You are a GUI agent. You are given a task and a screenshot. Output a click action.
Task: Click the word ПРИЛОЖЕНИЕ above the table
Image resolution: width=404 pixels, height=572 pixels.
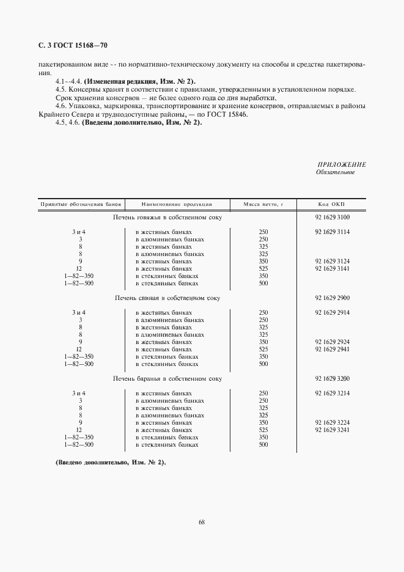coord(342,164)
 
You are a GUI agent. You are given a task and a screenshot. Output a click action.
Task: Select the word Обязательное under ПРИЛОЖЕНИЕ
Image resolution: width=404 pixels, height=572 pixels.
coord(335,172)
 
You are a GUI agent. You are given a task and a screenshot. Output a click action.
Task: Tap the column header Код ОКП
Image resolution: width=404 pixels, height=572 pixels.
coord(331,204)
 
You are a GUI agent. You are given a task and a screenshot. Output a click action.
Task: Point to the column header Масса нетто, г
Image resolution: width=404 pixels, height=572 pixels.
coord(263,204)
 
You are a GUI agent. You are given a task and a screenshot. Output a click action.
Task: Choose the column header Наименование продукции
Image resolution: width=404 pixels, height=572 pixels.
coord(176,204)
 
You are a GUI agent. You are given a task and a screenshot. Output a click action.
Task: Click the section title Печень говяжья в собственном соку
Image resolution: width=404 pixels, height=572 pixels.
coord(167,217)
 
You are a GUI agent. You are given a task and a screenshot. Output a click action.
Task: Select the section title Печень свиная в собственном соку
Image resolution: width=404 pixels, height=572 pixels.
coord(167,298)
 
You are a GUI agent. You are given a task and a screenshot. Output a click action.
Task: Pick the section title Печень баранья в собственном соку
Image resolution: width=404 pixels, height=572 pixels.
coord(167,378)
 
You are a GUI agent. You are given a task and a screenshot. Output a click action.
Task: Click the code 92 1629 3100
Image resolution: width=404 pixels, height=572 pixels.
coord(332,217)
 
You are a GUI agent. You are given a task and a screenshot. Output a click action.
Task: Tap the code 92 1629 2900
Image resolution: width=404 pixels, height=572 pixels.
coord(332,298)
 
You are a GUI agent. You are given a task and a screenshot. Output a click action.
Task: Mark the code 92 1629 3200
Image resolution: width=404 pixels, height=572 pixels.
coord(332,378)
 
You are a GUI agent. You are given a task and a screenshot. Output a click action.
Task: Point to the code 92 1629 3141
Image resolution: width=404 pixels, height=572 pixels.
coord(332,268)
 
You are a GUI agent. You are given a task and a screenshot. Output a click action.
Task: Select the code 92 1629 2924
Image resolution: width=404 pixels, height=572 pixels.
coord(332,342)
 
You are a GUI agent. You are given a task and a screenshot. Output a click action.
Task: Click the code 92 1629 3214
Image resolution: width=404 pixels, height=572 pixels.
coord(332,393)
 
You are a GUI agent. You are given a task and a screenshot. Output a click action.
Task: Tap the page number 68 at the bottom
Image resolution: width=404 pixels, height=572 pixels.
coord(202,522)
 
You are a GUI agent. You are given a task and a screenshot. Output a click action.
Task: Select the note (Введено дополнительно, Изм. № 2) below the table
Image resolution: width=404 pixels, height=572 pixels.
coord(111,463)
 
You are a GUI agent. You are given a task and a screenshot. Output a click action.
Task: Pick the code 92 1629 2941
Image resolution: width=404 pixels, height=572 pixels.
coord(332,349)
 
